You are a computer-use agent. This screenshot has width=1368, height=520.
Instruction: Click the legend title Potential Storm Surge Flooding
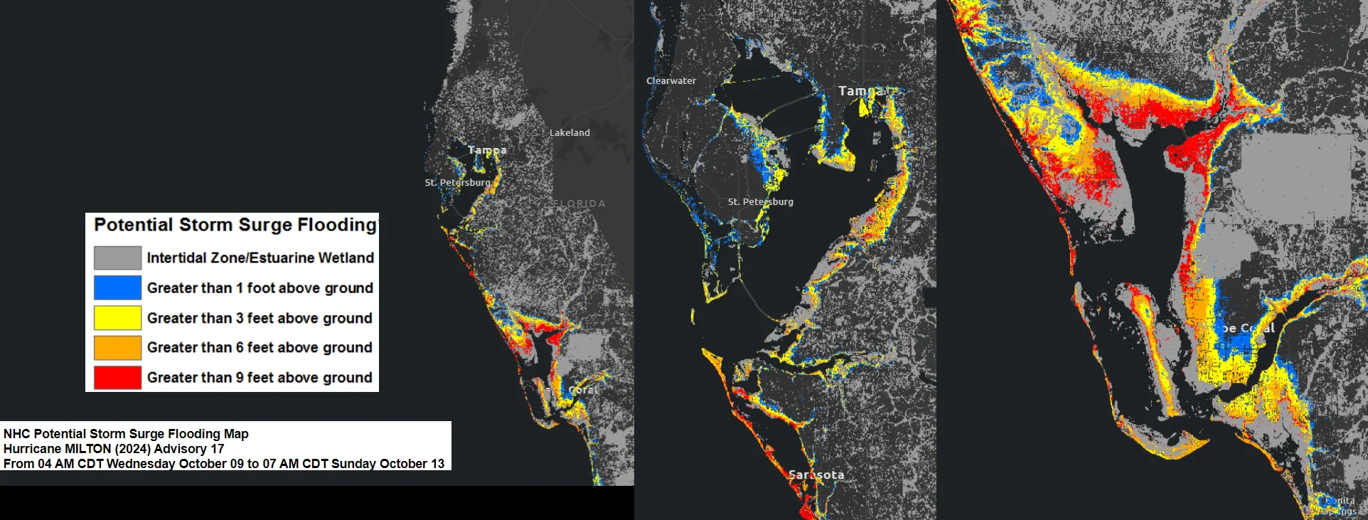tap(235, 225)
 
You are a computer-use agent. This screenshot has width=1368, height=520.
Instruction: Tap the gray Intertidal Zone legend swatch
tap(117, 258)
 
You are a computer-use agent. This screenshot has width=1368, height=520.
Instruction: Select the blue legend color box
tap(117, 287)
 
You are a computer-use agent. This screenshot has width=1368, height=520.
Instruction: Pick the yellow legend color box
tap(117, 317)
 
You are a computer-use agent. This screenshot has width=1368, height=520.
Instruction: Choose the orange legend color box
tap(117, 347)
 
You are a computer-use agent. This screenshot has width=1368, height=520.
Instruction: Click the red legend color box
tap(117, 377)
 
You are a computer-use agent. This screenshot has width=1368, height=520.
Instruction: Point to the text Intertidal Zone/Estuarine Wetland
tap(260, 258)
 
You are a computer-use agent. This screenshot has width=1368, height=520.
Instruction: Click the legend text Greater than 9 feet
tap(260, 377)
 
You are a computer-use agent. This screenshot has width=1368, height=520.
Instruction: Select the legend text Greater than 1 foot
tap(260, 287)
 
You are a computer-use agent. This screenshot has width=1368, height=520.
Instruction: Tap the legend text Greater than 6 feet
tap(260, 347)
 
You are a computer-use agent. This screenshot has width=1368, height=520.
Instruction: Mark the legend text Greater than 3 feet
tap(260, 317)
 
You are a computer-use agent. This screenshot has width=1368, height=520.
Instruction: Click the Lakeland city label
tap(570, 132)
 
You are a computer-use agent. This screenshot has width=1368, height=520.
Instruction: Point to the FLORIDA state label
tap(579, 203)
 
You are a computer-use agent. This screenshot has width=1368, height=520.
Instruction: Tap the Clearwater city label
tap(671, 81)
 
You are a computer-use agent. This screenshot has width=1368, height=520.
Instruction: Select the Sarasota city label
tap(816, 474)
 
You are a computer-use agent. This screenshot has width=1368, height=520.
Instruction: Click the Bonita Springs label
tap(1340, 506)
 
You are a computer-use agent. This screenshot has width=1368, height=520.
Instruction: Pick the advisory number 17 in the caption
tap(217, 449)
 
